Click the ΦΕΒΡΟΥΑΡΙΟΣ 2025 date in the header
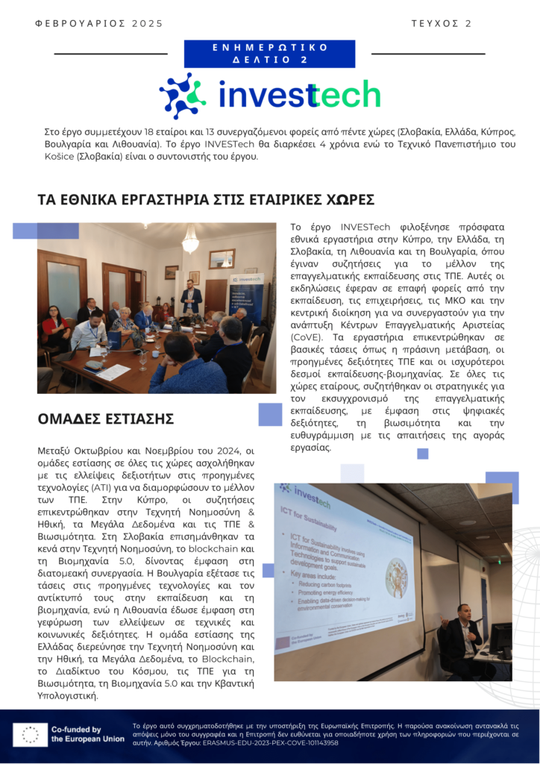(98, 24)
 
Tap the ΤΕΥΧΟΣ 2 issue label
(441, 24)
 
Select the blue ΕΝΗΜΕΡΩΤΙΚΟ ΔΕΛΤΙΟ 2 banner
(269, 54)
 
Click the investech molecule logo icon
(182, 95)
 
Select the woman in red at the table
(55, 328)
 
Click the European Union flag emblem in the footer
(31, 734)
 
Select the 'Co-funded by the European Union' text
(87, 734)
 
